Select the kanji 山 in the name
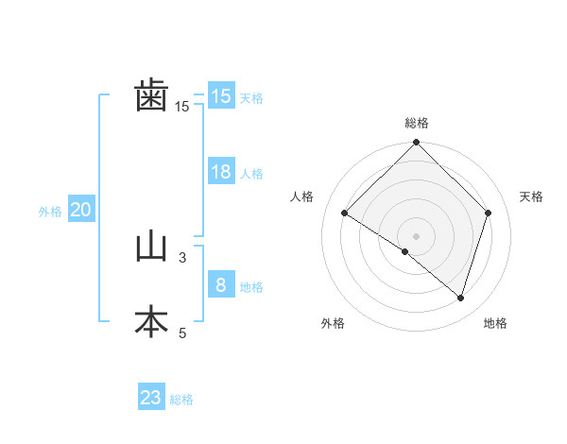(x=151, y=248)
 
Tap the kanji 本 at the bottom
(x=151, y=322)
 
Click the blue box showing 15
(x=221, y=96)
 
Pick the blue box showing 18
(x=221, y=172)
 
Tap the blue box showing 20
(x=80, y=210)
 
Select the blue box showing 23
(x=151, y=398)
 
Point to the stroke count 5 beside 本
(x=182, y=333)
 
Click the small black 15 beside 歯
(x=182, y=107)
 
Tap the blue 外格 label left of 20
(x=50, y=212)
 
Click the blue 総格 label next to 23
(x=181, y=400)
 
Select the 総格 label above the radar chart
(x=417, y=123)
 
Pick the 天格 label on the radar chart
(x=531, y=196)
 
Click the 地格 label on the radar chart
(x=495, y=323)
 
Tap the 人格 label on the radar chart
(x=302, y=196)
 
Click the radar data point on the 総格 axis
(x=417, y=144)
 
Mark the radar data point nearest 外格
(x=405, y=252)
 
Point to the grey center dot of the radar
(x=417, y=235)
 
